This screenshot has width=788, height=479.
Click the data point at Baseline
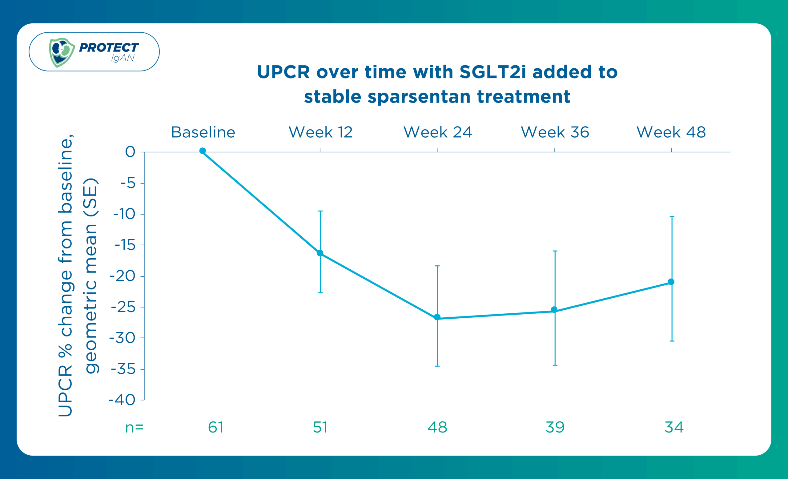click(x=203, y=151)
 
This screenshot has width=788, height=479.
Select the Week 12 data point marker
click(x=320, y=253)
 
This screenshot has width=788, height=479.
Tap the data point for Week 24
click(x=437, y=317)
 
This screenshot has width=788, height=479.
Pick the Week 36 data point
click(x=554, y=309)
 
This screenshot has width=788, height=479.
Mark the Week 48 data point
click(x=671, y=282)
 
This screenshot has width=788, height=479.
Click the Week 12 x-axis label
click(x=320, y=132)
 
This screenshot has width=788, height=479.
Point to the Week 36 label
click(x=555, y=132)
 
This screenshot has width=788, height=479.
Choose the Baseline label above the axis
click(x=203, y=132)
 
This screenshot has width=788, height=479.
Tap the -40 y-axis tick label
click(x=122, y=400)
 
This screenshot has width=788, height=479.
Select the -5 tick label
click(x=128, y=183)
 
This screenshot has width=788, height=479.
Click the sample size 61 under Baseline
click(x=215, y=427)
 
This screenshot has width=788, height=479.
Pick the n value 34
click(x=674, y=427)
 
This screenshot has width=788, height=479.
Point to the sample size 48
click(x=437, y=427)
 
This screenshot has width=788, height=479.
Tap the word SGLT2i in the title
click(x=492, y=72)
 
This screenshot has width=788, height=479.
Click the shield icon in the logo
click(x=62, y=52)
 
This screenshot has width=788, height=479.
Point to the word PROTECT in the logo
click(x=109, y=47)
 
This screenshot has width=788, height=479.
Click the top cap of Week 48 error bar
click(x=672, y=217)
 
